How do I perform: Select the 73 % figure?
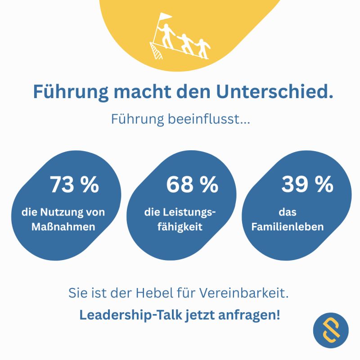coord(74,184)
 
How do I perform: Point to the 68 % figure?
coord(192,184)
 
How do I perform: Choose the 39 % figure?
coord(307,184)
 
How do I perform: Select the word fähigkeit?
coord(180,227)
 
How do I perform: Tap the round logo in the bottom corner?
coord(331,331)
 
